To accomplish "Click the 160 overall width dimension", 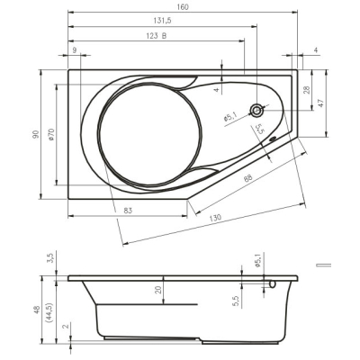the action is (x=183, y=7).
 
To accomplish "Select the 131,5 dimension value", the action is (x=162, y=21).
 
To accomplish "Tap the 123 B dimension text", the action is (x=157, y=36).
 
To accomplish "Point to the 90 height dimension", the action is (x=36, y=134).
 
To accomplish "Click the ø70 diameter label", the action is (x=51, y=134).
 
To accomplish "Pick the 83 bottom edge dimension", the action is (x=128, y=211).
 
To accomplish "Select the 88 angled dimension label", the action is (x=247, y=178).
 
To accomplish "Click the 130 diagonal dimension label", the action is (x=215, y=218).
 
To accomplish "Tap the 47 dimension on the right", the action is (x=320, y=103).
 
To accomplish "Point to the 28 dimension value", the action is (x=306, y=90).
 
